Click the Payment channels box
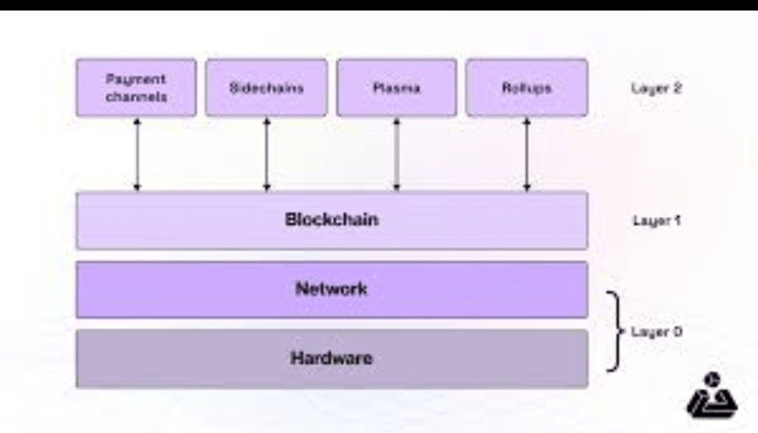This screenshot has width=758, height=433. pos(136,88)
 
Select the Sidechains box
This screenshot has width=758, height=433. pos(266,88)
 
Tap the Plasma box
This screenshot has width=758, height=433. pos(397,88)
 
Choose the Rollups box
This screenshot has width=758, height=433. pos(526,88)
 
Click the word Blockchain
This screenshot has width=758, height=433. pos(331,220)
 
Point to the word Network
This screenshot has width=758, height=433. pos(331,288)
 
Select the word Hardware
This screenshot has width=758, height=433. pos(331,358)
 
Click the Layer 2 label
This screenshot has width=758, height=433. pos(656,88)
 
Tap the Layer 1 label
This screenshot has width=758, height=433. pos(656,220)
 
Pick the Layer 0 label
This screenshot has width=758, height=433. pos(656,331)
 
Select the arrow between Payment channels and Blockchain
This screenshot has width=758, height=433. pos(138,154)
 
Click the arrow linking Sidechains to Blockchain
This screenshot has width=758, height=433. pos(267,154)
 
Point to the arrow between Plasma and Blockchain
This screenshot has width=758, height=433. pos(397,154)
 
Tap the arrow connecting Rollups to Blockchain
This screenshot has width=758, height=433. pos(526,154)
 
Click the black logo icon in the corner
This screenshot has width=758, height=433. pos(712,397)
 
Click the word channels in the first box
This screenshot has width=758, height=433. pos(136,97)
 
